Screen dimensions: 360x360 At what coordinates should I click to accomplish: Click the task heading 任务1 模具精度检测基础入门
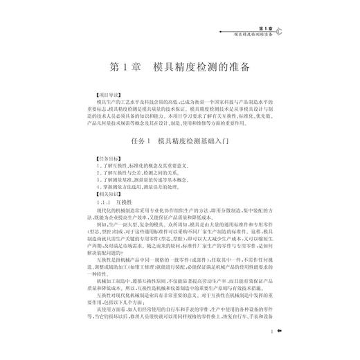(179, 141)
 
